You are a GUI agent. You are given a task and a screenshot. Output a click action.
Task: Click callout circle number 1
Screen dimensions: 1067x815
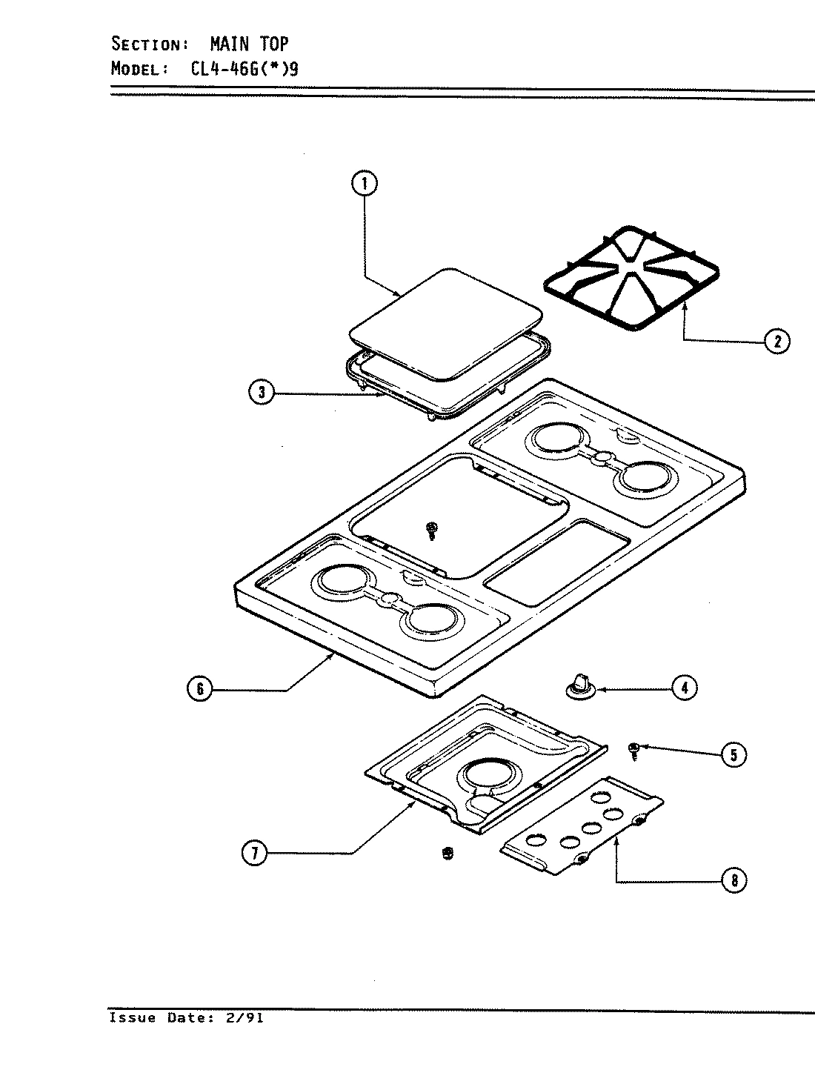pyautogui.click(x=365, y=184)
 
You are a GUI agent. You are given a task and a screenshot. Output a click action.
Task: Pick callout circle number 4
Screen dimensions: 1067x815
pyautogui.click(x=684, y=688)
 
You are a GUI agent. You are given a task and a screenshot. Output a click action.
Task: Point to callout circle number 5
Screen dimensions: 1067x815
pyautogui.click(x=733, y=754)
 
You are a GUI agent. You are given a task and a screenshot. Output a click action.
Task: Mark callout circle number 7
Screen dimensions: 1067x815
pyautogui.click(x=254, y=853)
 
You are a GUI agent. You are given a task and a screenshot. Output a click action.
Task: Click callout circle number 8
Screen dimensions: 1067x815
pyautogui.click(x=734, y=880)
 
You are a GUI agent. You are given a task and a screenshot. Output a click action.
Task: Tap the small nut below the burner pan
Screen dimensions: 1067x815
pyautogui.click(x=446, y=854)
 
